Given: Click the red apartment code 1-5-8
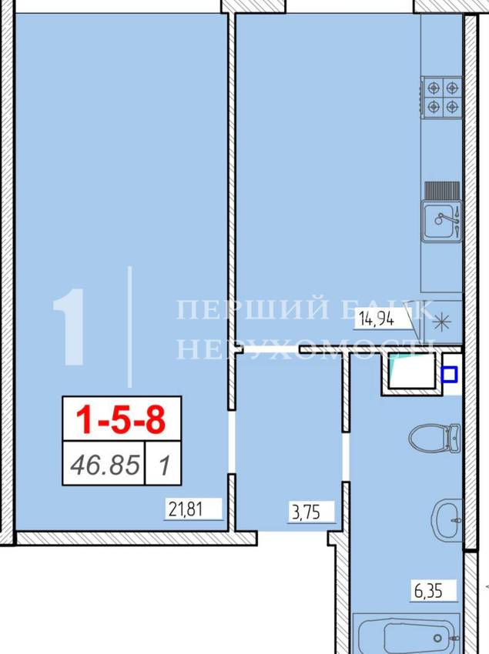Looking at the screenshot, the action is (x=122, y=420).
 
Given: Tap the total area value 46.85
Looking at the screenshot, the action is (x=105, y=465).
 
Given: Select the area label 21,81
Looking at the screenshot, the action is (x=186, y=509).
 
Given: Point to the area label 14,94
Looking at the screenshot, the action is (x=376, y=320).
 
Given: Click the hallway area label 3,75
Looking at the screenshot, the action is (x=306, y=512).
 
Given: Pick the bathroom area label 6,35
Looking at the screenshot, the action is (x=428, y=591).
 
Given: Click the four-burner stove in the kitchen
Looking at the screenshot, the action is (x=442, y=98).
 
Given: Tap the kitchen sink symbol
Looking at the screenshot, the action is (x=442, y=221).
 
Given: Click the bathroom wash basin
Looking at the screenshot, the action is (x=447, y=519).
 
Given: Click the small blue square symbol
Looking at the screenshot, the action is (x=449, y=374).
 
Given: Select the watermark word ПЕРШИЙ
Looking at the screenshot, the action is (x=253, y=309).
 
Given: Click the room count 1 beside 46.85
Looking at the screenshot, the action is (x=165, y=465).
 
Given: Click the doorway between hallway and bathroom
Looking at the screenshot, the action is (x=345, y=457).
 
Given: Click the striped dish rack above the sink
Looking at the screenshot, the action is (x=442, y=191).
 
